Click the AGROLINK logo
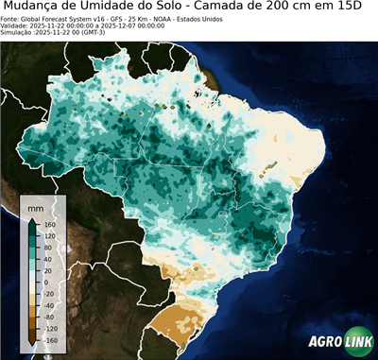tap(339, 344)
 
